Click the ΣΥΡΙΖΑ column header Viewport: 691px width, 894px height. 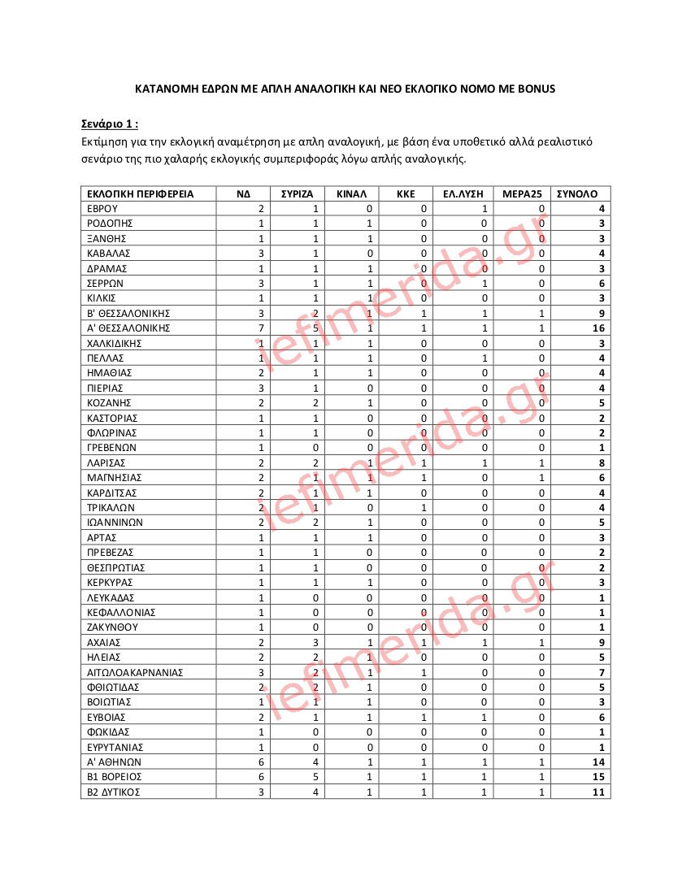coord(298,193)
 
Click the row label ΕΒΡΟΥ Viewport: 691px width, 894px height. coord(102,209)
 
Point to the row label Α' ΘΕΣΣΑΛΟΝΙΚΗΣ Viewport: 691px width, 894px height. coord(128,328)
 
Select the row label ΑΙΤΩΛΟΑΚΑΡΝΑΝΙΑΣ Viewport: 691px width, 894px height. coord(135,672)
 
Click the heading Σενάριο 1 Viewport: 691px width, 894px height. coord(109,124)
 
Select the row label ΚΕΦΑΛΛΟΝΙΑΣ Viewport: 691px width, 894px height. coord(120,612)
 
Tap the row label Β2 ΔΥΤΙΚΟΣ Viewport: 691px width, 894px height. coord(114,792)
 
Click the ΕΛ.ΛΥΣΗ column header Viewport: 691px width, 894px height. coord(463,193)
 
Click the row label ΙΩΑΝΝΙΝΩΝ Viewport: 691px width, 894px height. coord(115,523)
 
